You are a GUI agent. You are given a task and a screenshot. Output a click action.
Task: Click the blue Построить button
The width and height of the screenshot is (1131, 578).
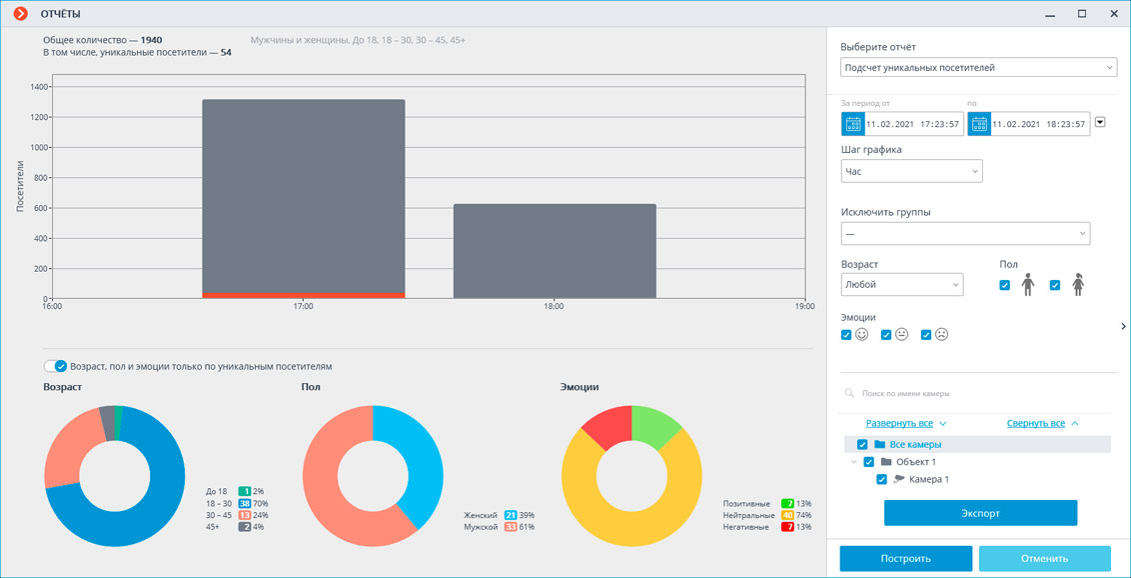click(x=905, y=559)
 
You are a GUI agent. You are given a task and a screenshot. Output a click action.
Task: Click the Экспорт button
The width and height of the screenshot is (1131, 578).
click(x=980, y=513)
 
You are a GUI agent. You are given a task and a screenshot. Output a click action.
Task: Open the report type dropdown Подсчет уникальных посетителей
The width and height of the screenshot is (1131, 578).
click(x=978, y=68)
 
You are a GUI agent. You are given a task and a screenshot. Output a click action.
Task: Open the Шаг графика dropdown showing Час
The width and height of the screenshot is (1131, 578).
click(x=911, y=171)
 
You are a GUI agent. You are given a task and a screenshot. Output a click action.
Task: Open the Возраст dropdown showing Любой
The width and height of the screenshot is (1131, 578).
click(x=901, y=285)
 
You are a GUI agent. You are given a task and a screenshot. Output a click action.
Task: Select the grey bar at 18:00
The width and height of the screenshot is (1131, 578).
click(x=555, y=250)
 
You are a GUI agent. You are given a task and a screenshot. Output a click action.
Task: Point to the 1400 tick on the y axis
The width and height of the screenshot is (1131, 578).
click(x=39, y=87)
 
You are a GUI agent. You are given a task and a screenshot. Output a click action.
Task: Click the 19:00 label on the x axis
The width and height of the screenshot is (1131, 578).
click(x=804, y=307)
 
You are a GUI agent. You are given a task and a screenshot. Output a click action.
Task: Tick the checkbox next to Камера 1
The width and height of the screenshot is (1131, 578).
click(x=881, y=480)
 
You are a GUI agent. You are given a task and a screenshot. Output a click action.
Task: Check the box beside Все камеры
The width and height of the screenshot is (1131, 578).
click(x=862, y=445)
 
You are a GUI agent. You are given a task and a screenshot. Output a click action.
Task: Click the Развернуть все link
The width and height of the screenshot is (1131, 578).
click(x=899, y=424)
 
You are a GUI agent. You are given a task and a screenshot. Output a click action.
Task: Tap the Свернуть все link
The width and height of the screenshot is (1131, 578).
click(x=1035, y=424)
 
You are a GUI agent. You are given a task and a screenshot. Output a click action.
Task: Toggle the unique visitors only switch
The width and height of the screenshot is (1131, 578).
click(x=56, y=367)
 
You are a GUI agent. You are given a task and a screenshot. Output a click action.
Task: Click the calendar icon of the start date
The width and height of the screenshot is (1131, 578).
click(x=853, y=124)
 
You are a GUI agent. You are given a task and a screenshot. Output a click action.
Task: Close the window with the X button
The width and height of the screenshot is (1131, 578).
click(x=1114, y=14)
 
